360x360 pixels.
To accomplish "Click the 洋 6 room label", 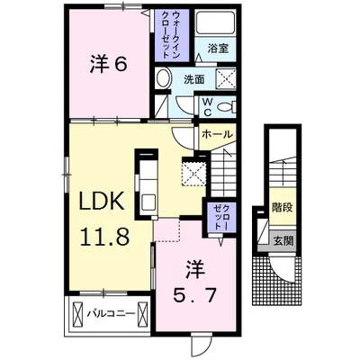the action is pyautogui.click(x=108, y=65).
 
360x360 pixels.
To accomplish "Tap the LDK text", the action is pyautogui.click(x=102, y=201).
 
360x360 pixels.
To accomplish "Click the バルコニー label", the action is pyautogui.click(x=111, y=314).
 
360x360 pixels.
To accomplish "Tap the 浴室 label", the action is pyautogui.click(x=218, y=49).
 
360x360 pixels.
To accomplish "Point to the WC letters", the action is pyautogui.click(x=208, y=107).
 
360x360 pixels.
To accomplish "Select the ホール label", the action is pyautogui.click(x=217, y=134).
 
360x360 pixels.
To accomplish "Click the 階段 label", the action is pyautogui.click(x=283, y=207).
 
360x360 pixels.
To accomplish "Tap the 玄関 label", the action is pyautogui.click(x=283, y=240).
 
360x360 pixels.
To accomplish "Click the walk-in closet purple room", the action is pyautogui.click(x=172, y=35).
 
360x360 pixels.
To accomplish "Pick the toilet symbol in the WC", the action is pyautogui.click(x=227, y=107).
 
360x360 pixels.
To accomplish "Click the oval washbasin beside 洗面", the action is pyautogui.click(x=163, y=78).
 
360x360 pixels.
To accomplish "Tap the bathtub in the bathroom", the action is pyautogui.click(x=215, y=23).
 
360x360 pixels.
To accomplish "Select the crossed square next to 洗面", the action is pyautogui.click(x=226, y=78).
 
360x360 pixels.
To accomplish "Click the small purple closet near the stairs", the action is pyautogui.click(x=220, y=217).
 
